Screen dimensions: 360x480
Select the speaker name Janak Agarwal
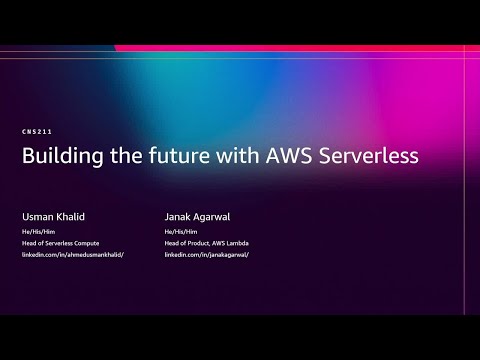tap(198, 214)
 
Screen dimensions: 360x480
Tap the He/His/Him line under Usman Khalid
tap(37, 230)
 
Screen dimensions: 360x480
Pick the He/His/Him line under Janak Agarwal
tap(180, 230)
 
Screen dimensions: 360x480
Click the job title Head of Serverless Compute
tap(61, 242)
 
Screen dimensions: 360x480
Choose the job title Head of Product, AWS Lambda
tap(205, 242)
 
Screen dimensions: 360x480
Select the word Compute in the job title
tap(86, 242)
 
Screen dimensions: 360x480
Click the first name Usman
tap(35, 214)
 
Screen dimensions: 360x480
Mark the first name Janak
tap(176, 214)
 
